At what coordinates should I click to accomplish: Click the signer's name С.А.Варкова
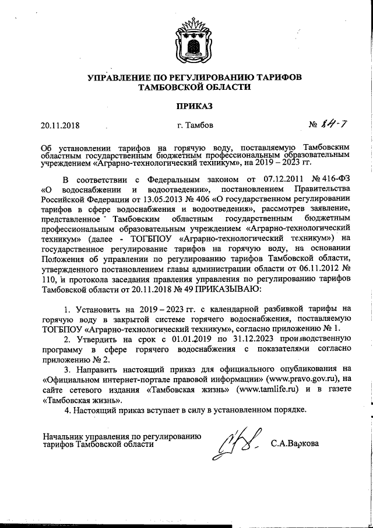point(295,444)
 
